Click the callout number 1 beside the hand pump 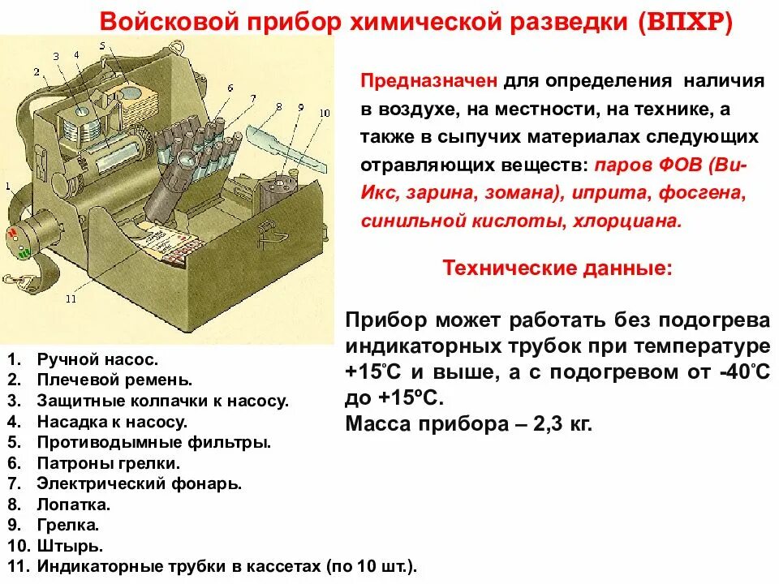coord(7,187)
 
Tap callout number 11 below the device coord(71,298)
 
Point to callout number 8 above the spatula coord(279,106)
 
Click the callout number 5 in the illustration coord(103,46)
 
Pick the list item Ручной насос coord(97,358)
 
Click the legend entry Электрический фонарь coord(139,483)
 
